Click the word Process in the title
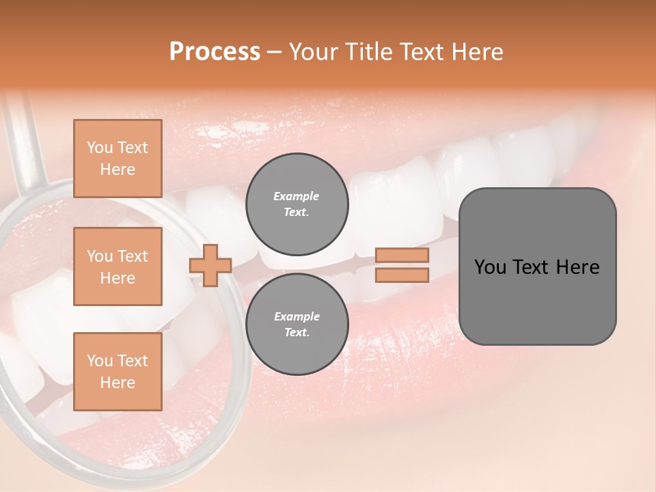(x=215, y=52)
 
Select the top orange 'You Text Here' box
(x=118, y=159)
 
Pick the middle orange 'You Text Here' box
(x=118, y=266)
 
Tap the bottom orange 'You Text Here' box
(x=118, y=372)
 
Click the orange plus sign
(x=210, y=265)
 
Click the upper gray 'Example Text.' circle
(x=297, y=204)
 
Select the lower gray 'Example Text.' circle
(x=297, y=325)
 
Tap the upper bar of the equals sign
(x=402, y=256)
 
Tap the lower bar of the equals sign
(x=402, y=275)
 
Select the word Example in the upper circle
(x=297, y=196)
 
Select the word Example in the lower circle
(x=297, y=316)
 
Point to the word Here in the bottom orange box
(x=118, y=383)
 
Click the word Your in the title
(x=315, y=52)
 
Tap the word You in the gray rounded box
(x=490, y=267)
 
